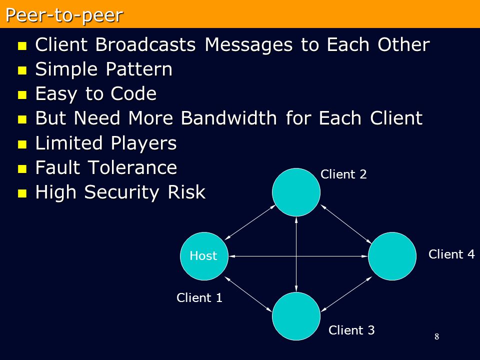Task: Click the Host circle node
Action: coord(204,256)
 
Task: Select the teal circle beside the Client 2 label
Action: coord(296,192)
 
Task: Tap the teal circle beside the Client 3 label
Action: coord(296,316)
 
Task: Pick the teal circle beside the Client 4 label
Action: coord(392,256)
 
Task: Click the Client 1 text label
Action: coord(199,297)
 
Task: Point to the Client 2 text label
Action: coord(343,174)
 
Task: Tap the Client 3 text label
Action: coord(351,330)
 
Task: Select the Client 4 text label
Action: coord(451,254)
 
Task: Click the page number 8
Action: coord(437,336)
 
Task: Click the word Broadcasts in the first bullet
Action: coord(145,44)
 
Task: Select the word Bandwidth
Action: coord(228,118)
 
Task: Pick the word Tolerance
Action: coord(132,168)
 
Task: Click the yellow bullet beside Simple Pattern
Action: coord(22,70)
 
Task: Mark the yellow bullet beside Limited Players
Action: coord(22,144)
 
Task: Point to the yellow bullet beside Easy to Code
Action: coord(22,95)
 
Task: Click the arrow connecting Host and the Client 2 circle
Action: coord(250,222)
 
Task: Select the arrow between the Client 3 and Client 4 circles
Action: coord(346,294)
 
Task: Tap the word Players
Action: coord(143,143)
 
